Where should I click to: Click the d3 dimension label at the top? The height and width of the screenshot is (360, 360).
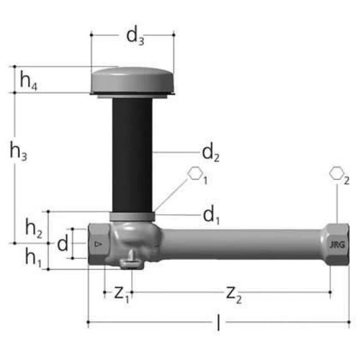point(135,35)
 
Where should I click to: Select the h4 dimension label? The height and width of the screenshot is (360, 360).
point(29,81)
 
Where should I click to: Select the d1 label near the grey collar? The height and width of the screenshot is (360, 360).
point(210,214)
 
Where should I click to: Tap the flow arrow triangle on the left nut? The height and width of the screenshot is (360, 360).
point(97,244)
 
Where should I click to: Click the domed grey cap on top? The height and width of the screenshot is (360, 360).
point(132,80)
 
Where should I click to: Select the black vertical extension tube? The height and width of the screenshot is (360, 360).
point(132,155)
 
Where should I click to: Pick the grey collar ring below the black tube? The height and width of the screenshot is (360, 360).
point(132,217)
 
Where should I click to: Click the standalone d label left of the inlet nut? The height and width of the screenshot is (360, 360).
point(63,244)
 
